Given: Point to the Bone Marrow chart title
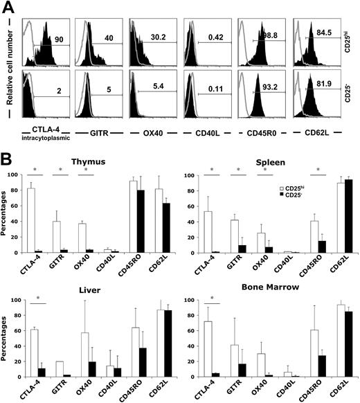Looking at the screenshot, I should pos(277,286).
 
